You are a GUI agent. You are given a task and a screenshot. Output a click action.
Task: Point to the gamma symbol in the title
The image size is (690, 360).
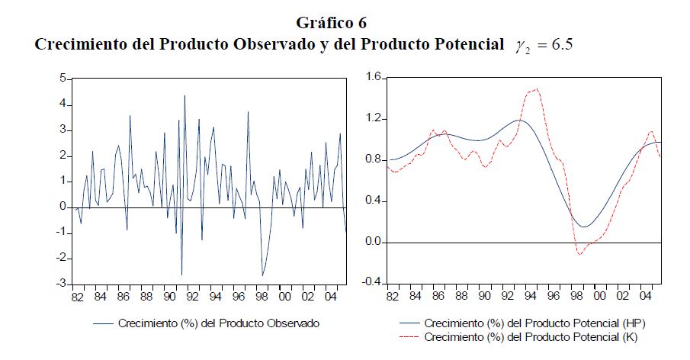point(522,46)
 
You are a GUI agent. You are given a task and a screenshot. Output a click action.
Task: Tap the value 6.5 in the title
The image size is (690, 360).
point(560,44)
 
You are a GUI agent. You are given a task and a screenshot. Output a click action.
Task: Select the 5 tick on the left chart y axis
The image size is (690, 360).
point(63,79)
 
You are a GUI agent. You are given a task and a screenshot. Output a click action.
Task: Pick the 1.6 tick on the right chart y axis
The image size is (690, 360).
point(372,77)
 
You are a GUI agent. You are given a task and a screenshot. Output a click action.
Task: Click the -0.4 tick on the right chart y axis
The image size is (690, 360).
point(371,283)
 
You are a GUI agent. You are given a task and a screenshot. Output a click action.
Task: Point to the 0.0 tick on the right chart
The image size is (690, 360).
point(372,242)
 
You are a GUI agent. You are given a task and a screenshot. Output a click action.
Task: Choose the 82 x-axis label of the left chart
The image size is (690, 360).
point(76,296)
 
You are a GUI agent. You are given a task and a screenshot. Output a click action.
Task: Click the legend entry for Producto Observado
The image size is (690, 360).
point(218,323)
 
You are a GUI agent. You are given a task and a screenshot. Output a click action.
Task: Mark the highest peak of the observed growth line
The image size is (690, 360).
point(184,95)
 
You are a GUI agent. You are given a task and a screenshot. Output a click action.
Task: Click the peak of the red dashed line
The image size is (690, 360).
point(537,88)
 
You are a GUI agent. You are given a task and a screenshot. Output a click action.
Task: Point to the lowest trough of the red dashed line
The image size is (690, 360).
point(579,254)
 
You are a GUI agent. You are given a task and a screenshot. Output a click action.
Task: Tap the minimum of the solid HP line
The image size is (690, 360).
point(583,227)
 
